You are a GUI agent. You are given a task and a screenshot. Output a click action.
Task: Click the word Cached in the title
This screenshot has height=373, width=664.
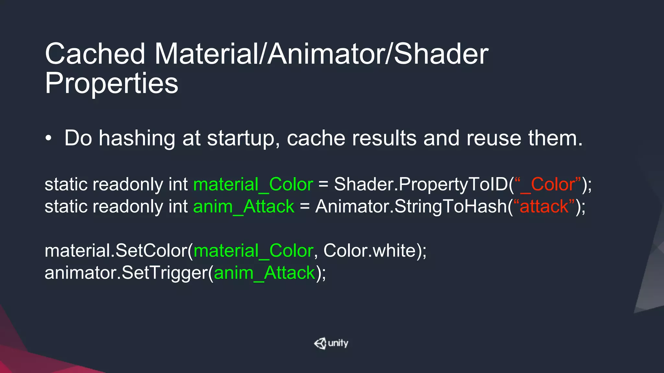(95, 54)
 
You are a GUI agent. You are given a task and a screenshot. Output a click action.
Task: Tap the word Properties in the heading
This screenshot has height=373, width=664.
(112, 83)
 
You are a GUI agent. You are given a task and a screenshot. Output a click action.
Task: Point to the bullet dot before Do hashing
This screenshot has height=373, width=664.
(49, 139)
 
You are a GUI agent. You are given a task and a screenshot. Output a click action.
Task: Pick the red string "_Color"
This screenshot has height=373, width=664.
(548, 184)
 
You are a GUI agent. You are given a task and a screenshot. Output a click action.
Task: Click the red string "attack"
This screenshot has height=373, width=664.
(544, 207)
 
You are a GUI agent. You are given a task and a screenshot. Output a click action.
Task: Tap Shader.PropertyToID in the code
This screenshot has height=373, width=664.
(421, 184)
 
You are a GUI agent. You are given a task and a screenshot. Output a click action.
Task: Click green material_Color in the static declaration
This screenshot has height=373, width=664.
(253, 184)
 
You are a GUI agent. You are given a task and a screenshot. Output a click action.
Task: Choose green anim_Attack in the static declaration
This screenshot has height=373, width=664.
(244, 207)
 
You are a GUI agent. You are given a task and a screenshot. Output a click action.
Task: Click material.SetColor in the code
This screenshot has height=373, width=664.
(117, 251)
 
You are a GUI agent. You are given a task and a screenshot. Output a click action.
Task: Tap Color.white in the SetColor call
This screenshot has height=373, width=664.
(370, 251)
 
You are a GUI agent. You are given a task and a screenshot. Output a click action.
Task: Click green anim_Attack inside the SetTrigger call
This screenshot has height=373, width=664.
(265, 273)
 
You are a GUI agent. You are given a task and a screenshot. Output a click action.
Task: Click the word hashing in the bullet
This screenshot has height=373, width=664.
(137, 139)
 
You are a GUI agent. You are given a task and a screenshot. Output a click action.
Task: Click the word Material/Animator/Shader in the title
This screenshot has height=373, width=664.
(321, 54)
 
